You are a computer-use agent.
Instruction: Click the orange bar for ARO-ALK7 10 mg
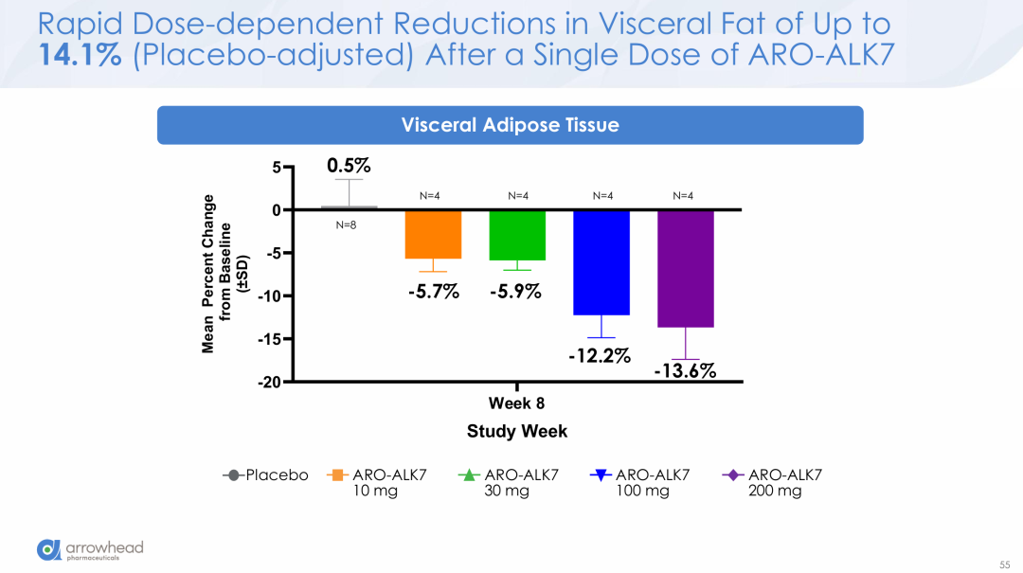pyautogui.click(x=434, y=234)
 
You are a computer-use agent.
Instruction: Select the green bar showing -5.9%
pyautogui.click(x=517, y=235)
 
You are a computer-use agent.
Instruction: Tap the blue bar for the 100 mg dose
pyautogui.click(x=601, y=262)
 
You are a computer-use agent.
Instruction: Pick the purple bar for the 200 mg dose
pyautogui.click(x=685, y=269)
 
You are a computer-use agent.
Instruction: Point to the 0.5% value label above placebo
pyautogui.click(x=349, y=166)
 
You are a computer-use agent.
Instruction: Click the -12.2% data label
pyautogui.click(x=599, y=355)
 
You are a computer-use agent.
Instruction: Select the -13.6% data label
pyautogui.click(x=685, y=371)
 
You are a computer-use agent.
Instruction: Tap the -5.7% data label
pyautogui.click(x=433, y=292)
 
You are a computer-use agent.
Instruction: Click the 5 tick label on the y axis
pyautogui.click(x=277, y=168)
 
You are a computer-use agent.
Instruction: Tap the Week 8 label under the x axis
pyautogui.click(x=516, y=403)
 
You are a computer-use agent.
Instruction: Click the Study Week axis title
pyautogui.click(x=516, y=432)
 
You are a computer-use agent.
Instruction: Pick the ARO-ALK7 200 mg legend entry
pyautogui.click(x=772, y=482)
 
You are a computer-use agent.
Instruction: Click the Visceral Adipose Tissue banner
pyautogui.click(x=510, y=125)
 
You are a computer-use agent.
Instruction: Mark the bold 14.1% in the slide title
pyautogui.click(x=80, y=56)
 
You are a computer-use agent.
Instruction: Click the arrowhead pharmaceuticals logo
pyautogui.click(x=90, y=549)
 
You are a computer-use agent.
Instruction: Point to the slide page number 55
pyautogui.click(x=1005, y=564)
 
